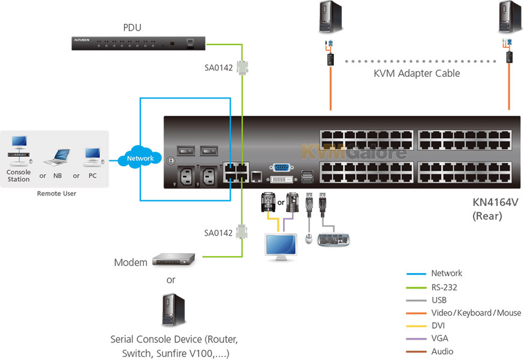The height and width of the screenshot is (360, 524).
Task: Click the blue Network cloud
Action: (140, 158)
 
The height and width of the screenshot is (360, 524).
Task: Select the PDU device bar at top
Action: (137, 43)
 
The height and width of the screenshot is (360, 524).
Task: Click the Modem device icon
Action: (174, 259)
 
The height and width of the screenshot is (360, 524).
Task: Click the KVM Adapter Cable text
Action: (417, 73)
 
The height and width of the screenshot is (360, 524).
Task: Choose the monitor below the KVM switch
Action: (281, 246)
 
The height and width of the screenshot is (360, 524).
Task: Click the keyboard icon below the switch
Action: (334, 239)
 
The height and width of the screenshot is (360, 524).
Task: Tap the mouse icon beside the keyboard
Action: (309, 239)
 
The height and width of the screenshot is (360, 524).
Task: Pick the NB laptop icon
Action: (58, 157)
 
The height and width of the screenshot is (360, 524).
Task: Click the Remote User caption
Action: (56, 193)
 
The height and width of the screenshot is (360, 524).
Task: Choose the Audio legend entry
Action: (442, 352)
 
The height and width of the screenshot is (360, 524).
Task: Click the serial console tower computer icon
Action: (170, 310)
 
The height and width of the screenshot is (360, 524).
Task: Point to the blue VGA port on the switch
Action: (281, 169)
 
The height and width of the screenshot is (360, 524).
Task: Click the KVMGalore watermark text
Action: (354, 151)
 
